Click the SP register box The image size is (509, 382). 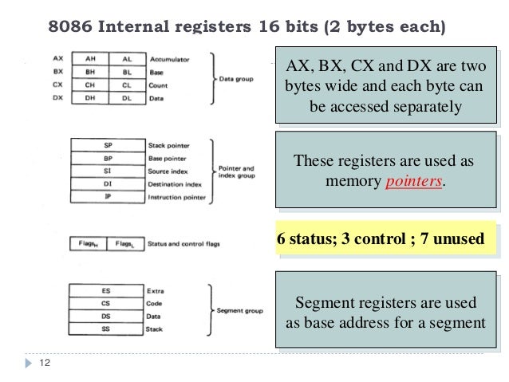click(107, 145)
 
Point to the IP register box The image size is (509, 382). click(107, 197)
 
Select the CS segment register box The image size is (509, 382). click(107, 304)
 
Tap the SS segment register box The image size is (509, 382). click(107, 329)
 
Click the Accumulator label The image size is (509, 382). click(168, 59)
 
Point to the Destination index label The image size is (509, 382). click(176, 184)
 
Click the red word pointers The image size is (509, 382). click(413, 181)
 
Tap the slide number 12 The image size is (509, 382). click(44, 364)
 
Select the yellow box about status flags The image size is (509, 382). click(380, 238)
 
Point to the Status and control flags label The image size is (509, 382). click(183, 243)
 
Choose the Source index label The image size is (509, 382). click(170, 171)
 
